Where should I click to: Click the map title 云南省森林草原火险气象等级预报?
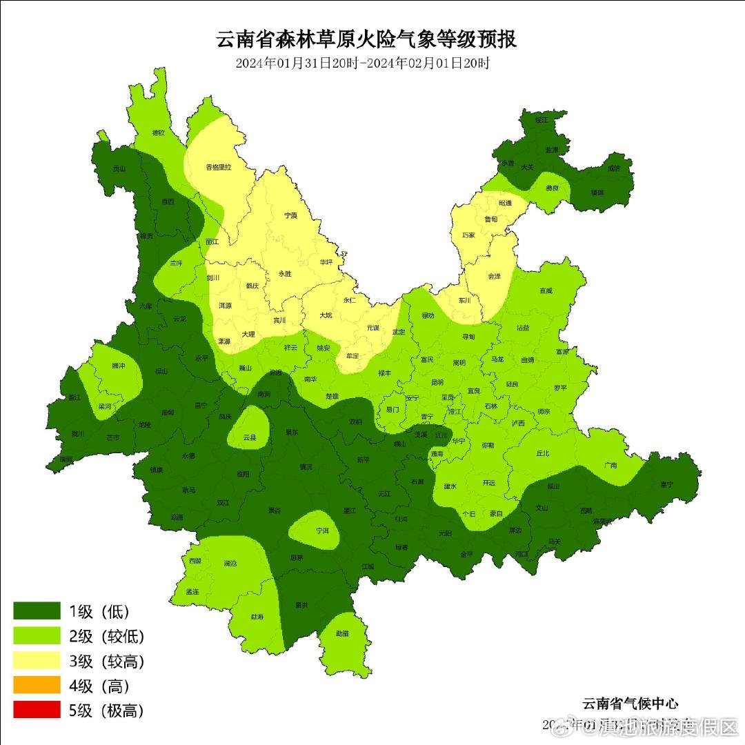366,39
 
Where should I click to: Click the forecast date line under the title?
362,63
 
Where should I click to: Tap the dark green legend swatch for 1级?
37,611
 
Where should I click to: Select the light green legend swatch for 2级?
37,636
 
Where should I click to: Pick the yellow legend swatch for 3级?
37,661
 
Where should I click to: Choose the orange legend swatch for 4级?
37,686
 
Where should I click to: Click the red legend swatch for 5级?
37,710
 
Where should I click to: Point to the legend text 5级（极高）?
106,711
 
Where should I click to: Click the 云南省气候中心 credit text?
630,704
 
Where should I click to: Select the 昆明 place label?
437,381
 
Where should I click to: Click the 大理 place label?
248,334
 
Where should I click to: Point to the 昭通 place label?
505,203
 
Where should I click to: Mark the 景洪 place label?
301,605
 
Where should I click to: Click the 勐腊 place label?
342,633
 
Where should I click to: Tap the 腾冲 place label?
118,366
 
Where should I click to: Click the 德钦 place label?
158,132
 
